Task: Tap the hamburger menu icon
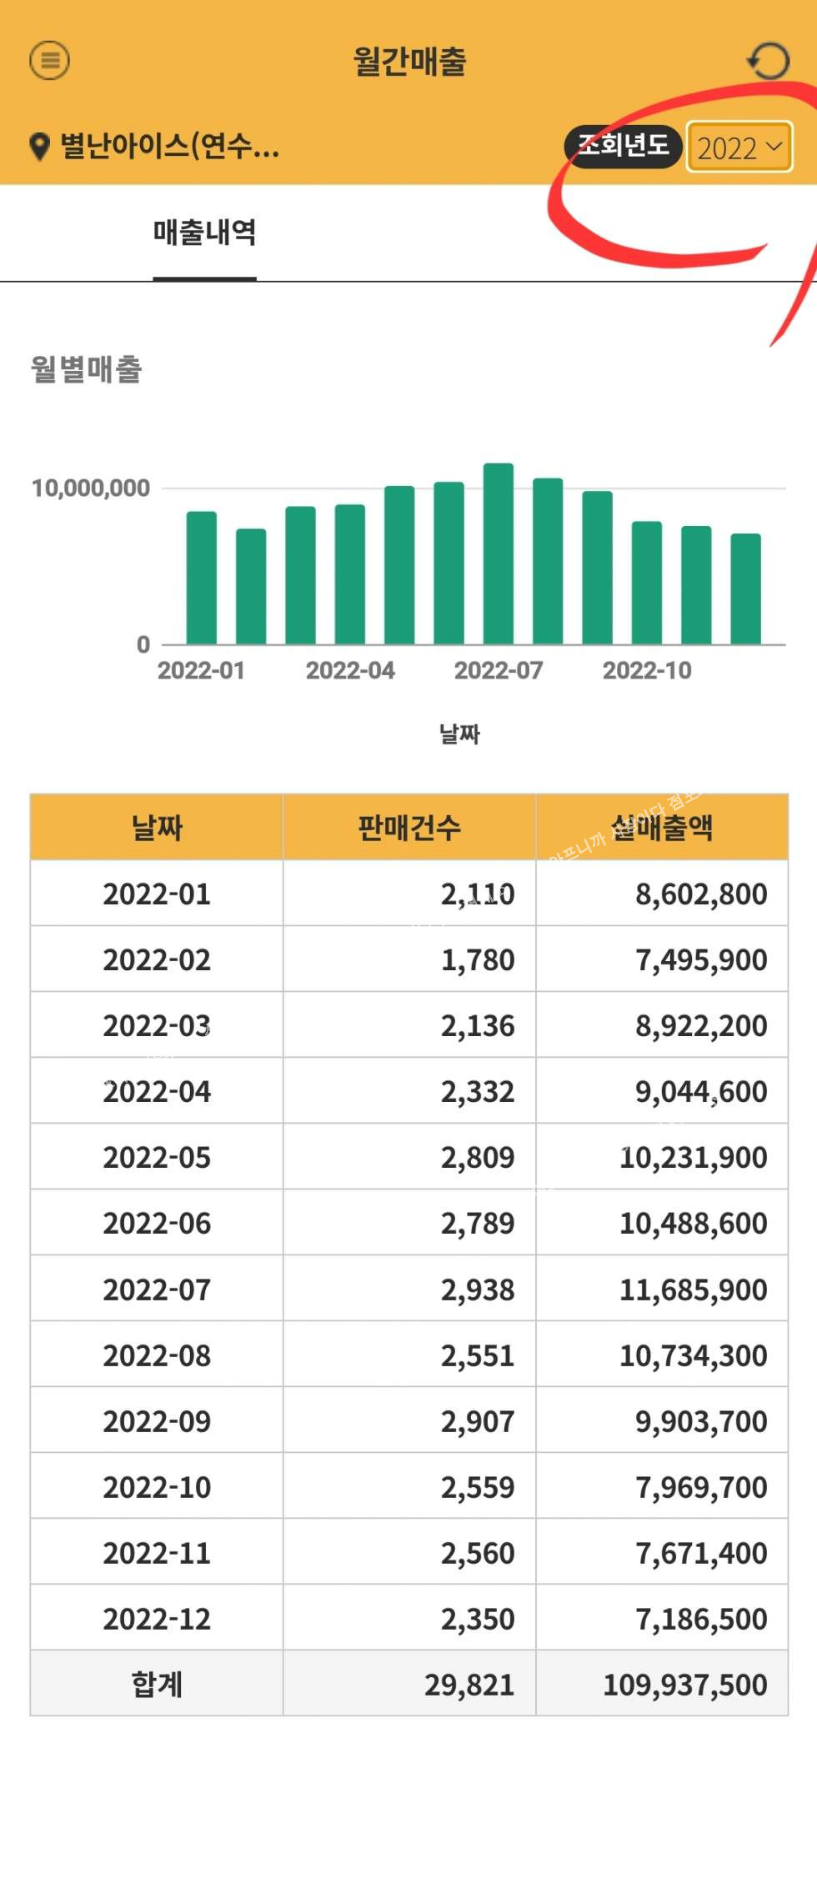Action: coord(50,60)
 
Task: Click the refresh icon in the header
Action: coord(767,61)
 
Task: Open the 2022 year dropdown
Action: coord(739,148)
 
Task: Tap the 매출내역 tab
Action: coord(204,233)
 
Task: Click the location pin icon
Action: coord(39,147)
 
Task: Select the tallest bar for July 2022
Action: coord(499,554)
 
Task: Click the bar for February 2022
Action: coord(251,587)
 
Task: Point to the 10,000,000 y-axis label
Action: coord(91,488)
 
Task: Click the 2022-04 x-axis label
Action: coord(350,670)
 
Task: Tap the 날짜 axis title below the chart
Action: coord(459,734)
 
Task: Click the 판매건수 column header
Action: coord(409,828)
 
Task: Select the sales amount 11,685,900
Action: coord(693,1290)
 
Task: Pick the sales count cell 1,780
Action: coord(478,960)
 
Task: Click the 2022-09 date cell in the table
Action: coord(157,1421)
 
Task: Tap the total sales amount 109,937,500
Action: coord(684,1685)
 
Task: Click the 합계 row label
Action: coord(157,1685)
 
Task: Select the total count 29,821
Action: coord(469,1685)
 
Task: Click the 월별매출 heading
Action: coord(87,369)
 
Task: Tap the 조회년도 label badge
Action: coord(624,146)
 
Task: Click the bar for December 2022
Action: coord(745,589)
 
